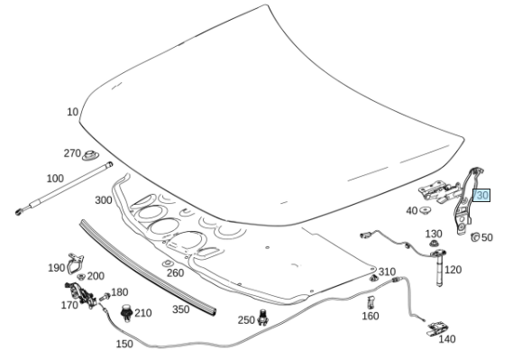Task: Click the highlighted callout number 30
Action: click(481, 195)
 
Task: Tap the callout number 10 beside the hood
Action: click(72, 112)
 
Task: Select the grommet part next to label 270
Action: click(89, 155)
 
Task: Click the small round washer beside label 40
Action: click(425, 210)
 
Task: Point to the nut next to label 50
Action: click(475, 236)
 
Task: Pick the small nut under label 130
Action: click(434, 244)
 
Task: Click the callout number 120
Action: click(453, 270)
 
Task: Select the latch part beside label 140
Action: click(436, 328)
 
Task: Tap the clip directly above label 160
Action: click(371, 302)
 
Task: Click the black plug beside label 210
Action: click(126, 313)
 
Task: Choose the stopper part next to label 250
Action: click(263, 318)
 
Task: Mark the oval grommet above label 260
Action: click(167, 263)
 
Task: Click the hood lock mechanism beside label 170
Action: click(81, 295)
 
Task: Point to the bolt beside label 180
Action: click(105, 297)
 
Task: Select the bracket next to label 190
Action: click(75, 263)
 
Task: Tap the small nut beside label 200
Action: click(81, 276)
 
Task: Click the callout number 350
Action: click(181, 309)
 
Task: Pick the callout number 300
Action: click(104, 200)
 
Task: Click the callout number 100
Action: click(55, 179)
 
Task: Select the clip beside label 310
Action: click(373, 277)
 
